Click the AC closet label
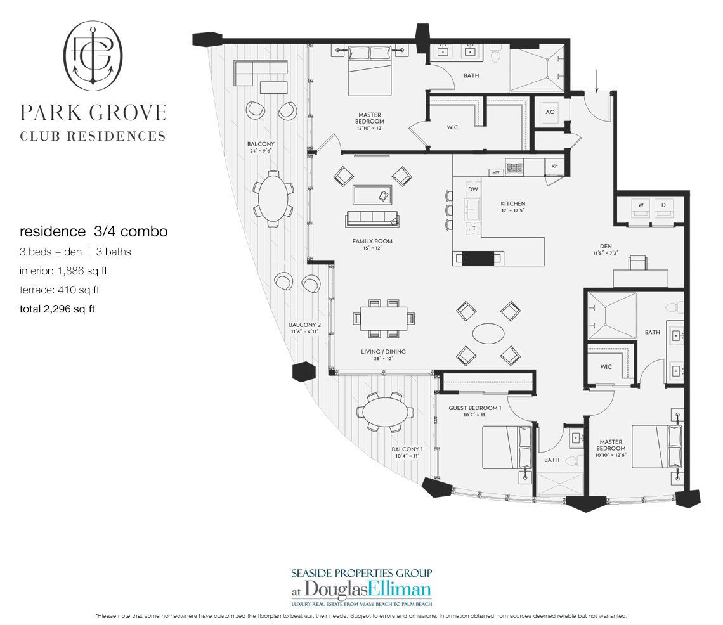coord(550,112)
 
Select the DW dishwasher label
coord(473,189)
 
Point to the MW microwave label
coord(496,173)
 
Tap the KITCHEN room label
coord(512,203)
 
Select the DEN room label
coord(606,246)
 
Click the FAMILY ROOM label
coord(372,241)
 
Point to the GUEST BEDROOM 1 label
coord(474,408)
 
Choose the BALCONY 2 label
coord(305,325)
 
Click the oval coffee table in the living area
coord(488,333)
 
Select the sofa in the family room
coord(372,219)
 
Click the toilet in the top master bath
coord(496,55)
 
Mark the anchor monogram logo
coord(93,55)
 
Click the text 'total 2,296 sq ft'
coord(57,309)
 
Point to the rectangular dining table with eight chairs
coord(384,318)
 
